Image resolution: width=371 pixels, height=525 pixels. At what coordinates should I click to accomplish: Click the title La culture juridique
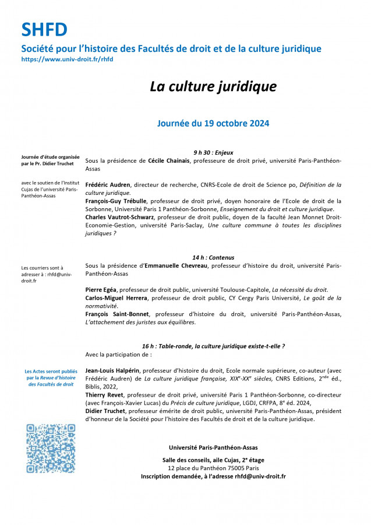click(213, 86)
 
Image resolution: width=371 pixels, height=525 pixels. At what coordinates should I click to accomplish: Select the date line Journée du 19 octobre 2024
click(213, 123)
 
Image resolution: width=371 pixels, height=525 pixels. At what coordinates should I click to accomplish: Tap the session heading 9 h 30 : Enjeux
click(213, 152)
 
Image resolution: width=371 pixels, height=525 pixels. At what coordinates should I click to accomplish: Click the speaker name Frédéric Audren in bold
click(108, 184)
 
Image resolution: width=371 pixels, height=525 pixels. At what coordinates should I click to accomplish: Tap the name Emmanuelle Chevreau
click(175, 265)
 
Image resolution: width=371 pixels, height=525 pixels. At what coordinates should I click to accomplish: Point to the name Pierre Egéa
click(100, 289)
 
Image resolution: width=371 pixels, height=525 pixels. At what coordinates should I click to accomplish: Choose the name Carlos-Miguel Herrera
click(116, 297)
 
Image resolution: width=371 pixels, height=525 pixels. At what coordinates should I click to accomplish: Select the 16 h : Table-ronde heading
click(213, 346)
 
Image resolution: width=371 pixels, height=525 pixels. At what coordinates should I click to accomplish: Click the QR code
click(51, 449)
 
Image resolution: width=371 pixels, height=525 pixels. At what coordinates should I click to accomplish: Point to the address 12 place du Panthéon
click(213, 468)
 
